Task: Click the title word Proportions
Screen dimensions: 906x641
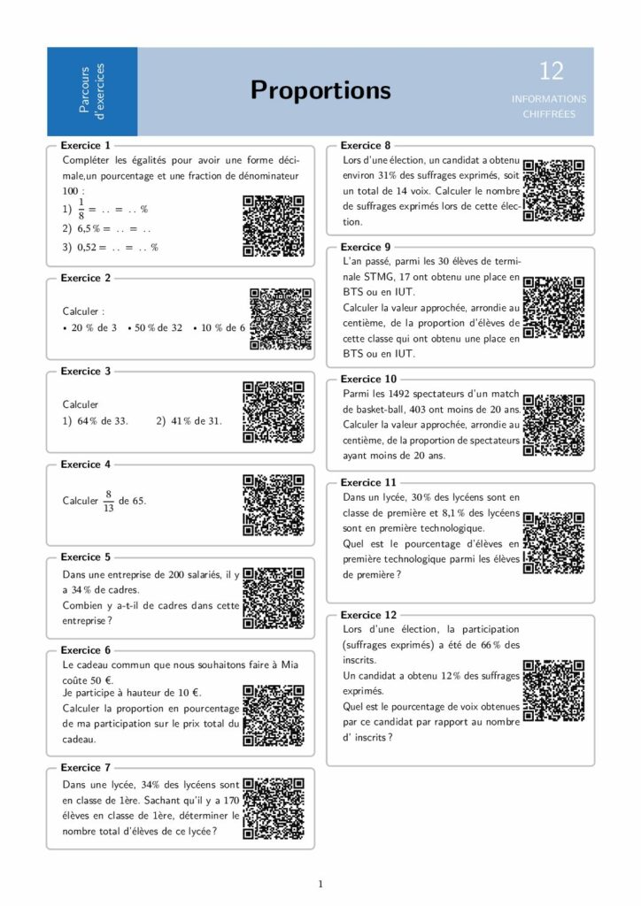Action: (320, 90)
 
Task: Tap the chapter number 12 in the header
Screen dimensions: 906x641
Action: (551, 72)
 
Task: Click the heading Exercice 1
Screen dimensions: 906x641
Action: (86, 145)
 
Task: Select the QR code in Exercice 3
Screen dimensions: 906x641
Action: (274, 411)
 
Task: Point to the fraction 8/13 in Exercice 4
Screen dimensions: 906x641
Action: (109, 501)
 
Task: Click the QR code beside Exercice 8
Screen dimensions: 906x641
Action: (553, 190)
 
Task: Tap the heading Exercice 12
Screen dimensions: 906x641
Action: (369, 614)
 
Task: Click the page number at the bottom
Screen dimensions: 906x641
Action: (320, 883)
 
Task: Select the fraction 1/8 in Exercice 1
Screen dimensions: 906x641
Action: (81, 210)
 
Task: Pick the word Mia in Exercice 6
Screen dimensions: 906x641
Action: (296, 664)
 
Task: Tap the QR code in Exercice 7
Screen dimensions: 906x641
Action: (274, 808)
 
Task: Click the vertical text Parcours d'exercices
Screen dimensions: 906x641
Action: (91, 90)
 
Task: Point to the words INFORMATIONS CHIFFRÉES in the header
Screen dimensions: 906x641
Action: (549, 106)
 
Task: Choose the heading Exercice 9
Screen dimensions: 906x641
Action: (366, 247)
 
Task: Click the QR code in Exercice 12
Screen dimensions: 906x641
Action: (553, 690)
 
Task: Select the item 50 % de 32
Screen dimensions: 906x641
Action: (157, 327)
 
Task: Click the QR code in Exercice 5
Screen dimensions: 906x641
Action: (274, 598)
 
